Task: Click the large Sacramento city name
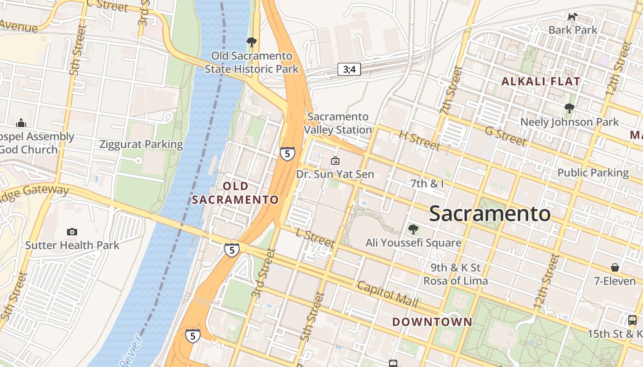pos(490,214)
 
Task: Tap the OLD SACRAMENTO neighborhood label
pos(235,193)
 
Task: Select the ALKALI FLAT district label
pos(541,82)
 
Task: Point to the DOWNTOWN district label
pos(432,322)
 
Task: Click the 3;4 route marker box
pos(349,69)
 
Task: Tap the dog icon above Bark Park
pos(572,17)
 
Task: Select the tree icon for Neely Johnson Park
pos(569,109)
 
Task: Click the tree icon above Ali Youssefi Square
pos(413,229)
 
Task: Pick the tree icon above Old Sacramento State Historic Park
pos(251,42)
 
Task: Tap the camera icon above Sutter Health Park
pos(72,232)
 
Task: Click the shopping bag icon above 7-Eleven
pos(615,267)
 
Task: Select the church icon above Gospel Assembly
pos(21,123)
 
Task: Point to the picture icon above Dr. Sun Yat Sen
pos(335,161)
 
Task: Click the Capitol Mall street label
pos(387,294)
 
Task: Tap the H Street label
pos(419,140)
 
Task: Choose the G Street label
pos(505,136)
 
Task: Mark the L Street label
pos(315,238)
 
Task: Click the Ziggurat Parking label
pos(141,145)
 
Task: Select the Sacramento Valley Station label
pos(339,123)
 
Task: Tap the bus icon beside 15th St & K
pos(632,320)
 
